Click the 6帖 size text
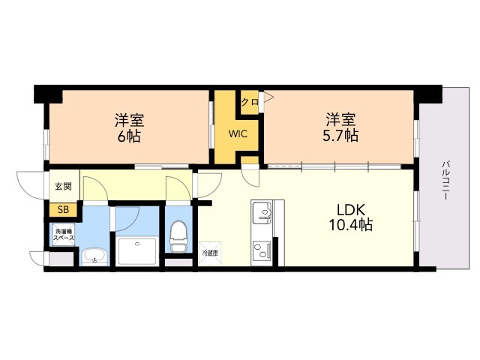tap(129, 136)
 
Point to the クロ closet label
tap(250, 100)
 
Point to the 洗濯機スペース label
tap(63, 234)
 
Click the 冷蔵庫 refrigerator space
tap(209, 253)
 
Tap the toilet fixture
tap(178, 237)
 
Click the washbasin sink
tap(94, 257)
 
